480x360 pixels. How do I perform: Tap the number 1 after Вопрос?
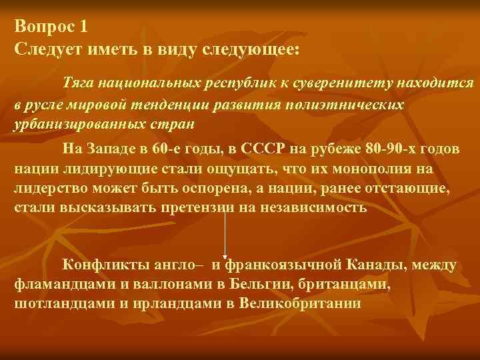pyautogui.click(x=83, y=27)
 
